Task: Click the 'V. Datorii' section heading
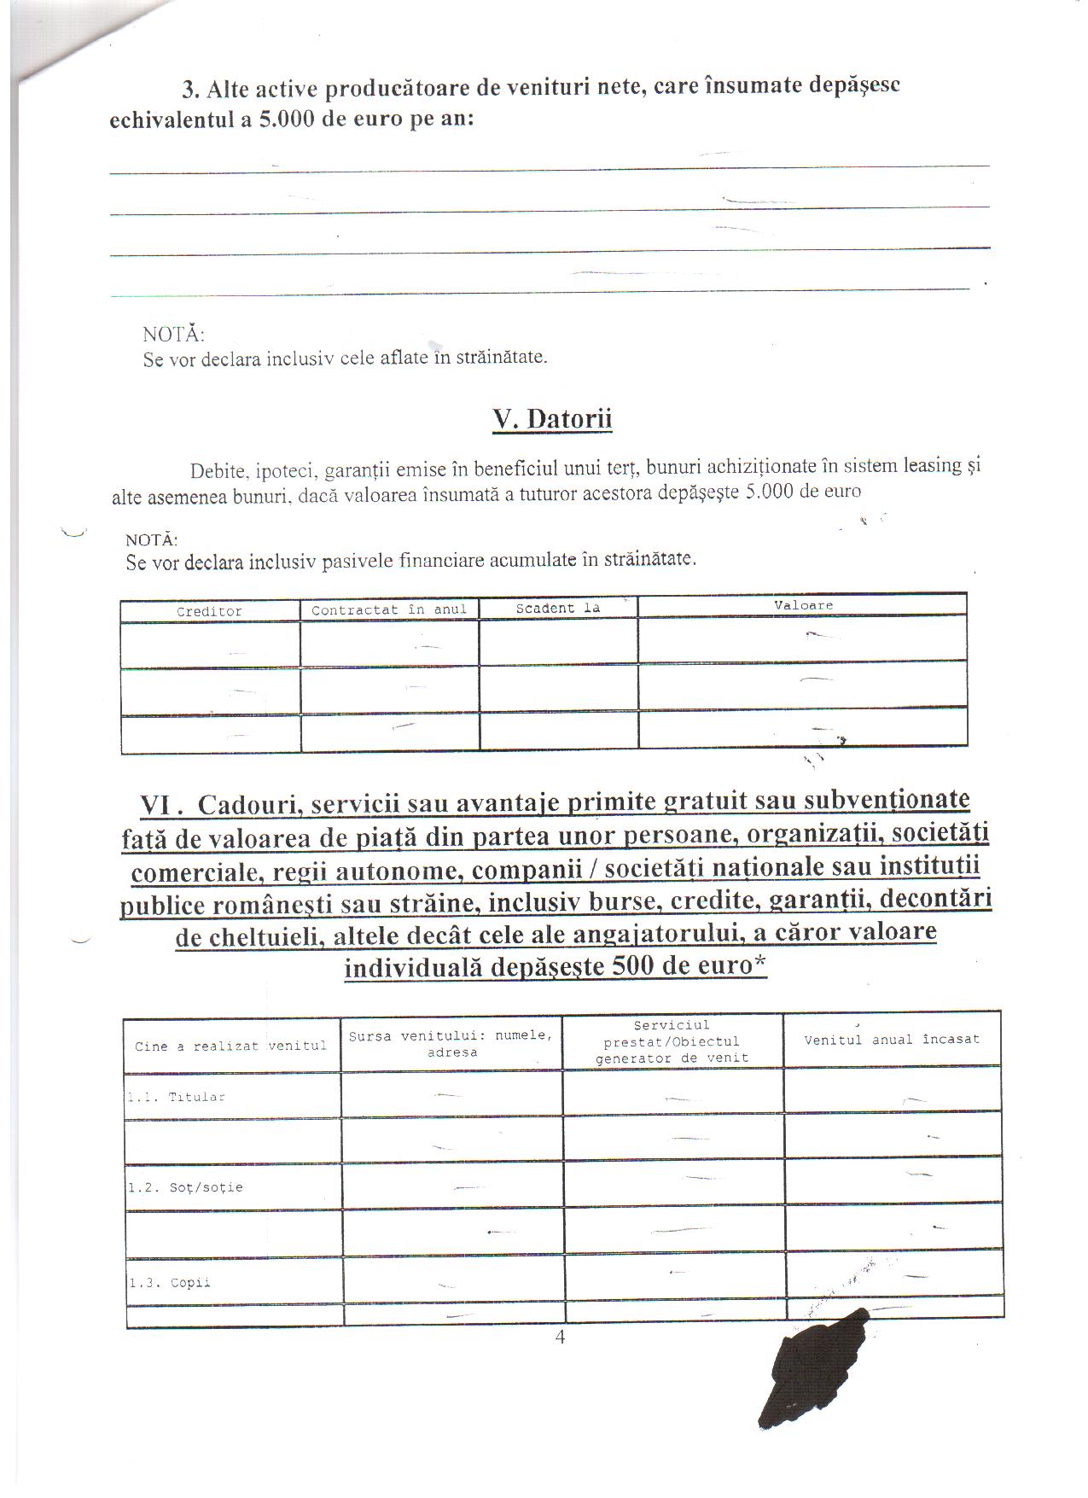click(x=552, y=419)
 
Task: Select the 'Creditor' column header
click(x=209, y=611)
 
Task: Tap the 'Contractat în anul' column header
click(x=389, y=609)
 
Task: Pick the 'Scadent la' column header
click(x=558, y=608)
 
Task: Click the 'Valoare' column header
click(x=803, y=605)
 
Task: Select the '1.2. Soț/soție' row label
click(x=185, y=1187)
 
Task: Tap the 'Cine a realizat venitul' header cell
click(x=230, y=1046)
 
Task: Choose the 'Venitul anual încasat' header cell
click(x=892, y=1040)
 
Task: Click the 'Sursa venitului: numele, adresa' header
click(x=451, y=1044)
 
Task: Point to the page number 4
click(x=560, y=1338)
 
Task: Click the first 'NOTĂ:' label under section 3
click(x=173, y=334)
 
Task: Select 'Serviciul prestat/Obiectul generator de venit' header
click(x=672, y=1041)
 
